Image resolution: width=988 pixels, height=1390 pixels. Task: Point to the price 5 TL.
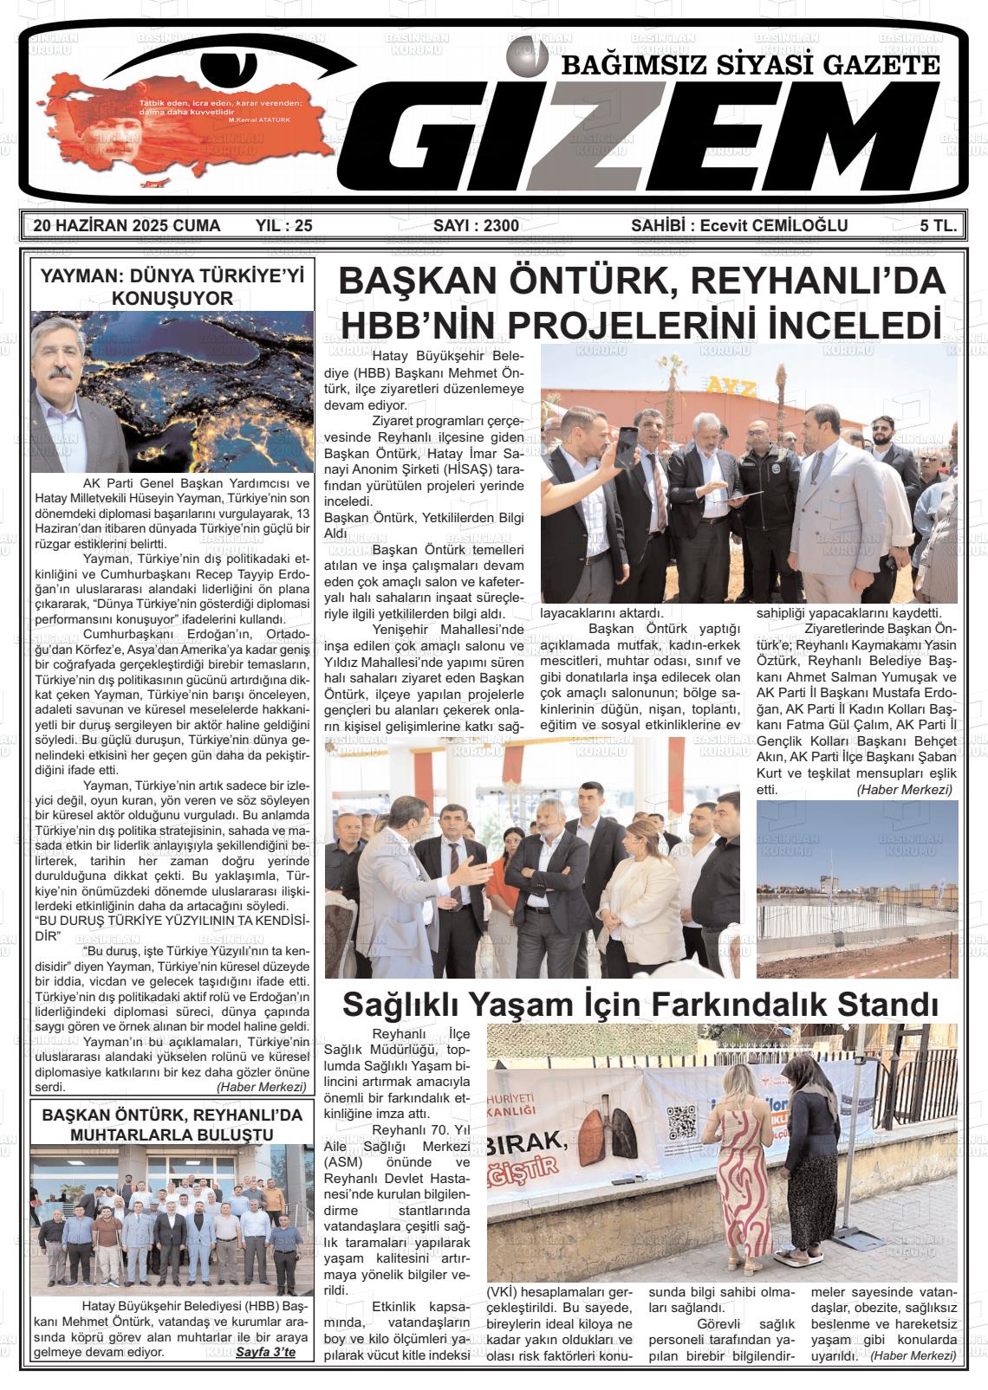(939, 226)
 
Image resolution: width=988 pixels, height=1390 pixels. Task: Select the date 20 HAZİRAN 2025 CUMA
(127, 227)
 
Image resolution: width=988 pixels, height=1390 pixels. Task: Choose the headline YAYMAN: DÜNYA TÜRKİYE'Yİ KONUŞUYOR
(173, 287)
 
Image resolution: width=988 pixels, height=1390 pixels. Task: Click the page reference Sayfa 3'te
(265, 1352)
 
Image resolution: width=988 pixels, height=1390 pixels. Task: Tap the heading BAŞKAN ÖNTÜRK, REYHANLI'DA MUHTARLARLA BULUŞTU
(172, 1124)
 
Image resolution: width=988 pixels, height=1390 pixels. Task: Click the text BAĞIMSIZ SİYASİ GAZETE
(751, 67)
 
